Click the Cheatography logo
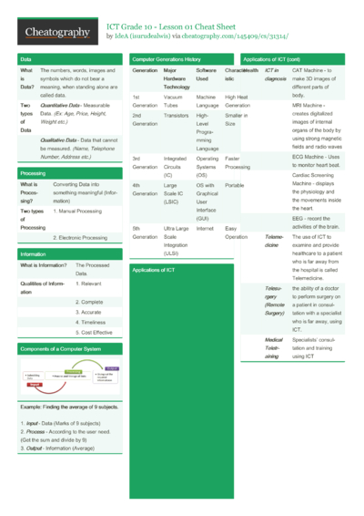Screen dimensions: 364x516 click(56, 33)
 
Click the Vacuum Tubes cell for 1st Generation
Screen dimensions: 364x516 click(174, 100)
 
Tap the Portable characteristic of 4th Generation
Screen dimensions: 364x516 click(234, 185)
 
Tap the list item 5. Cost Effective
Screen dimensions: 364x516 click(96, 334)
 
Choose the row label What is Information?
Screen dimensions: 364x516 click(43, 265)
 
